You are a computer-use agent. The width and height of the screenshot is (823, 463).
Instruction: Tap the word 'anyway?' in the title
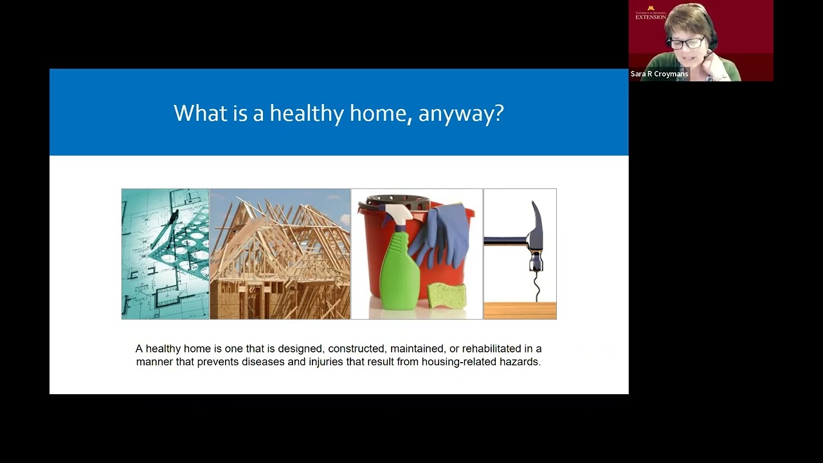(461, 114)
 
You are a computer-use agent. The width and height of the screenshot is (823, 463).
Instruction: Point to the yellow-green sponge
(447, 295)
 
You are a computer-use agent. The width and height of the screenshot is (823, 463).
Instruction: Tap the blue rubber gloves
(440, 235)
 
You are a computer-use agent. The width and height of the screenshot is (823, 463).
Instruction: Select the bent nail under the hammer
(537, 286)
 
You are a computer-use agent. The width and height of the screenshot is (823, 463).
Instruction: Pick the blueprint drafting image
(165, 254)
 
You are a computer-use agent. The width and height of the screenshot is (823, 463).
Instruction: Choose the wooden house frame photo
(280, 254)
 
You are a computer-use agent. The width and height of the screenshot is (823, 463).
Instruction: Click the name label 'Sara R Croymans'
(659, 74)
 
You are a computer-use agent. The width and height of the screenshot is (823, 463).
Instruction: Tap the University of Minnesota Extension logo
(651, 13)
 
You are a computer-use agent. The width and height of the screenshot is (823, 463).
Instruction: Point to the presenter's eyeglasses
(687, 43)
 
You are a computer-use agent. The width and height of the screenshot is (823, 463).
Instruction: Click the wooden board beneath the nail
(520, 311)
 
